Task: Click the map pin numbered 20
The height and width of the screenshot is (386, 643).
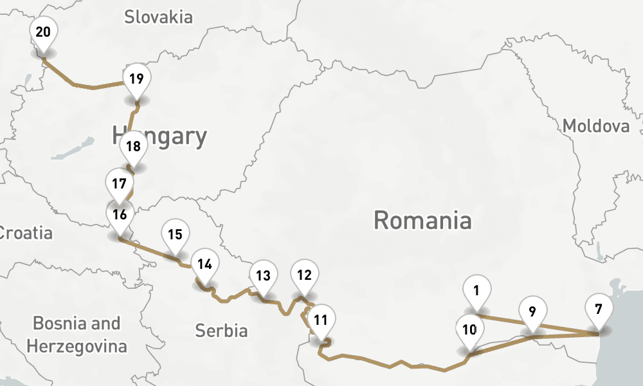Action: click(43, 32)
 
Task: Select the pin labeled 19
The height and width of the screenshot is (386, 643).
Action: click(136, 80)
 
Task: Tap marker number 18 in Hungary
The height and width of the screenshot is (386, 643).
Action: click(133, 146)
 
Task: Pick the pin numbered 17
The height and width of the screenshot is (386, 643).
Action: click(118, 183)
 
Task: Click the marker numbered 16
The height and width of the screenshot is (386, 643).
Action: click(120, 215)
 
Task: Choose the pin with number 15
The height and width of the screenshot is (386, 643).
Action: click(175, 234)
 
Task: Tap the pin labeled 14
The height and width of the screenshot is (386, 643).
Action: click(205, 264)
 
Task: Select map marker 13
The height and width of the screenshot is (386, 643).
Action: click(262, 276)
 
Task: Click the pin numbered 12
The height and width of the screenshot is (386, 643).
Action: click(304, 275)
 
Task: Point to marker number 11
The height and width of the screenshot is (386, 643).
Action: click(321, 319)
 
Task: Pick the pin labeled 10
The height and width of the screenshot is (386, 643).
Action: click(469, 330)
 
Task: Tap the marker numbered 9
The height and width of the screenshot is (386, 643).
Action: click(532, 311)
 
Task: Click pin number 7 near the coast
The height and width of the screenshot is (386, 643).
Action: click(599, 309)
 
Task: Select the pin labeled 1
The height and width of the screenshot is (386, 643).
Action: click(476, 291)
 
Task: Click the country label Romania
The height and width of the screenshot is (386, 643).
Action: click(422, 221)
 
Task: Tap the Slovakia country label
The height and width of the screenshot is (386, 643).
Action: click(158, 17)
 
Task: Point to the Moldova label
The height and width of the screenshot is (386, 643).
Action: click(595, 126)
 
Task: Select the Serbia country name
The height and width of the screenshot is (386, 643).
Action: click(221, 331)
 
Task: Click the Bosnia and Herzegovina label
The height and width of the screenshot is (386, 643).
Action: click(77, 335)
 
